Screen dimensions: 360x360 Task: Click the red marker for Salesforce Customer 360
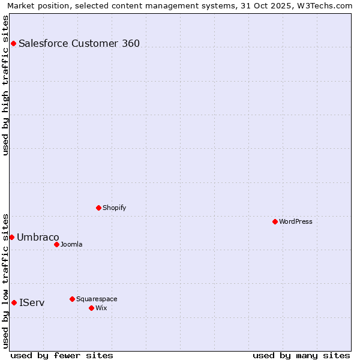pos(13,43)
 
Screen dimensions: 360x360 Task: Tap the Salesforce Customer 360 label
pos(79,43)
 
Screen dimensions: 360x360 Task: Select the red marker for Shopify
pos(98,208)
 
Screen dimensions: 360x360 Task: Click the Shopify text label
pos(114,208)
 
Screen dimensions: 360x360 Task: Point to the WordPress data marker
pos(275,221)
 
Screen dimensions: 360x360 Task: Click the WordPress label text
pos(295,221)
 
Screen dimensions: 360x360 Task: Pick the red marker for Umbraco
pos(11,237)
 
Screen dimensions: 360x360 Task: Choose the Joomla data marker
pos(56,244)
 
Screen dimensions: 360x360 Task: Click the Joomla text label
pos(71,244)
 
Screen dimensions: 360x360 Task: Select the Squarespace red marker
pos(72,299)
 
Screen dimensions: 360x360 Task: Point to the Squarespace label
pos(97,299)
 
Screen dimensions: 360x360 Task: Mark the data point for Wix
pos(91,308)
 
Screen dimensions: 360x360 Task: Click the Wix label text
pos(101,308)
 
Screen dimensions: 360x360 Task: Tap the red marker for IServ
pos(14,302)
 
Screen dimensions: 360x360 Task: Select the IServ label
pos(32,302)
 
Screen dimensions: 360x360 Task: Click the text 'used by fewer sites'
pos(62,355)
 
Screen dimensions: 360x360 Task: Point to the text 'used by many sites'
pos(301,355)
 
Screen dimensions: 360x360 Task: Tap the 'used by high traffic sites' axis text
pos(5,85)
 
